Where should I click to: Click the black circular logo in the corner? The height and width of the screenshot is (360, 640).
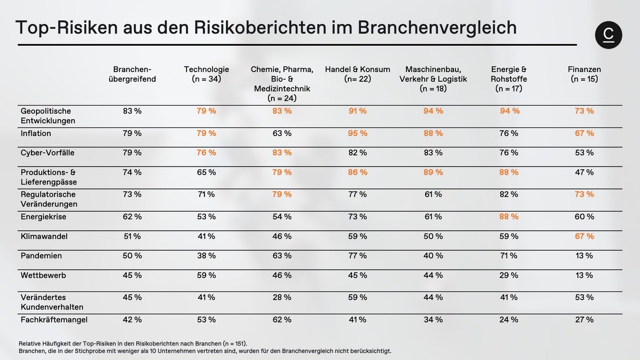tap(608, 35)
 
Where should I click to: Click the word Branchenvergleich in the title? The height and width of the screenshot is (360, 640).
tap(437, 27)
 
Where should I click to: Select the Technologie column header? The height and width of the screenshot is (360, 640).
tap(207, 74)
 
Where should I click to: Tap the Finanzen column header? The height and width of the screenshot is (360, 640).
tap(584, 74)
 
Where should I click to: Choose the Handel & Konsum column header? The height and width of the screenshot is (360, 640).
tap(357, 74)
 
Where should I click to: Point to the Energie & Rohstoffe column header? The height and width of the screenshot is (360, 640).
tap(509, 79)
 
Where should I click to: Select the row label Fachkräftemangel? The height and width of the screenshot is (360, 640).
tap(54, 320)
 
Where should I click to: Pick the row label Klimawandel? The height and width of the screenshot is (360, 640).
tap(44, 236)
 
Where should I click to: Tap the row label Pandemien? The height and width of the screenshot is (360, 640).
tap(41, 256)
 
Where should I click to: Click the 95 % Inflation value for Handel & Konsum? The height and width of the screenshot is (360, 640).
tap(357, 133)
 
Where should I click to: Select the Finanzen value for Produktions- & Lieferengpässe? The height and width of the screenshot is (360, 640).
tap(584, 172)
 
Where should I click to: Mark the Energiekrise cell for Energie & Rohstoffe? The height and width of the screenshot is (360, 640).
tap(509, 217)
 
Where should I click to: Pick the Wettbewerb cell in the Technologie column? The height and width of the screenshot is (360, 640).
tap(206, 275)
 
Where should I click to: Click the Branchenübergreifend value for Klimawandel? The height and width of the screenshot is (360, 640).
tap(132, 236)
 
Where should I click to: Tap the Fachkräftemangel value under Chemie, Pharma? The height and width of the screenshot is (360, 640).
tap(282, 320)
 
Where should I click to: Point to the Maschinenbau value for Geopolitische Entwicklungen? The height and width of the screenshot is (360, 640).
tap(433, 111)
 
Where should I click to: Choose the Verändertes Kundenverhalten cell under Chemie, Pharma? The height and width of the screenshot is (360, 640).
tap(282, 297)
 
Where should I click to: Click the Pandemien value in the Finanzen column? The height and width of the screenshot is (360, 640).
tap(584, 256)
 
